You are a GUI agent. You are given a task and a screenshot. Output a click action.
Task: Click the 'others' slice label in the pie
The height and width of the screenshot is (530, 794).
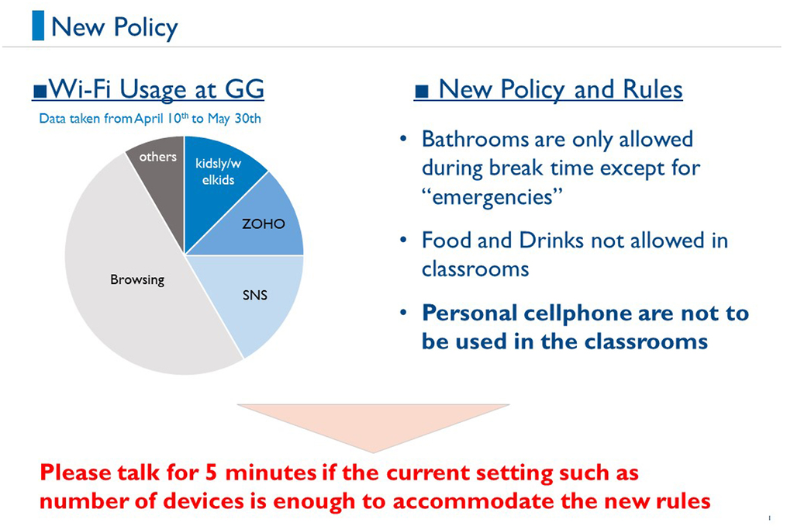pos(158,157)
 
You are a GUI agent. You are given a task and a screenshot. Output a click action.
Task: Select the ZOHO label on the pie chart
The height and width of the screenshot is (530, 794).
pos(264,224)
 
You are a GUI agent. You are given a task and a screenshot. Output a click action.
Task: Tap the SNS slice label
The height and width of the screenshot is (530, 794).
pos(254,295)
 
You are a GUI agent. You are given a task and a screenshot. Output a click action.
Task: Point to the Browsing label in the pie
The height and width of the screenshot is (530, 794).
pos(137,279)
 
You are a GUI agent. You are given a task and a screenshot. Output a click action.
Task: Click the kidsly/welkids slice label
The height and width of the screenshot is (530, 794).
pos(218,171)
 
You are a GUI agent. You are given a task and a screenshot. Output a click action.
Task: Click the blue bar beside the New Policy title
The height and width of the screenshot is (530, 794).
pos(38,26)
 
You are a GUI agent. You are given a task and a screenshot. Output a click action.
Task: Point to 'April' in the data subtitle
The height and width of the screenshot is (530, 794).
pos(149,119)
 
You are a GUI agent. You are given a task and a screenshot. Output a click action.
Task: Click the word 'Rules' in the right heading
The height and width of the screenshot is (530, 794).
pos(653,89)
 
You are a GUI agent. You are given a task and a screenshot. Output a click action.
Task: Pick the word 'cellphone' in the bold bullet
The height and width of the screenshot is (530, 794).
pos(577,313)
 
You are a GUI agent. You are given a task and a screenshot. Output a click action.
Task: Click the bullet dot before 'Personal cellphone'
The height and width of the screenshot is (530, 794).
pos(403,313)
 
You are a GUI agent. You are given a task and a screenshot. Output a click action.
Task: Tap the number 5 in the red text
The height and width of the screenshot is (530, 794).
pos(212,473)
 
